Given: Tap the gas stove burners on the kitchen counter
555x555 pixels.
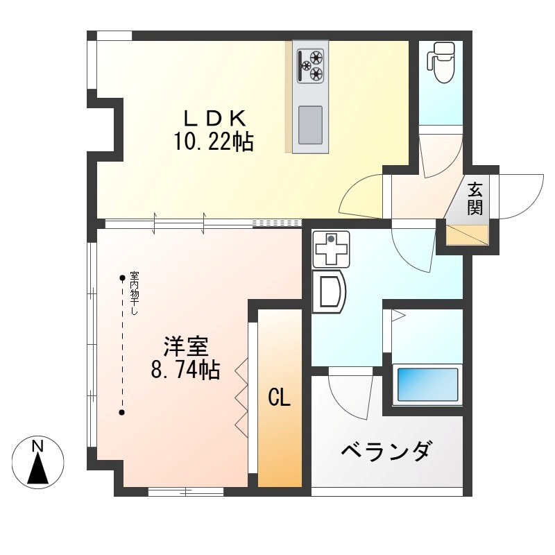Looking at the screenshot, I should pyautogui.click(x=310, y=65).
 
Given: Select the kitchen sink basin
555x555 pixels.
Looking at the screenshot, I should pyautogui.click(x=310, y=125).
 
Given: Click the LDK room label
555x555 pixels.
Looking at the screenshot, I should pyautogui.click(x=213, y=117).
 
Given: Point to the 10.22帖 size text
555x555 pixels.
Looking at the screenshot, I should pyautogui.click(x=213, y=142).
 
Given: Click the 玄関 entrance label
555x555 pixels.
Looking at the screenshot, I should pyautogui.click(x=475, y=199).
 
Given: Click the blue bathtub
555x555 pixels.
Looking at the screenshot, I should pyautogui.click(x=426, y=384).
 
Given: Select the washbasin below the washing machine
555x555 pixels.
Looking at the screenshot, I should pyautogui.click(x=328, y=292).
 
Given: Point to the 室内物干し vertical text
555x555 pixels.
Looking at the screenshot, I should pyautogui.click(x=133, y=292).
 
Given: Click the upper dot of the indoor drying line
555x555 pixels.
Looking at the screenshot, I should pyautogui.click(x=123, y=278).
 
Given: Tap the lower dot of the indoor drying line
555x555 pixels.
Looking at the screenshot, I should pyautogui.click(x=123, y=413).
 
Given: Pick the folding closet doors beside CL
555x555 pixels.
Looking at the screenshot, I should pyautogui.click(x=241, y=398).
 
